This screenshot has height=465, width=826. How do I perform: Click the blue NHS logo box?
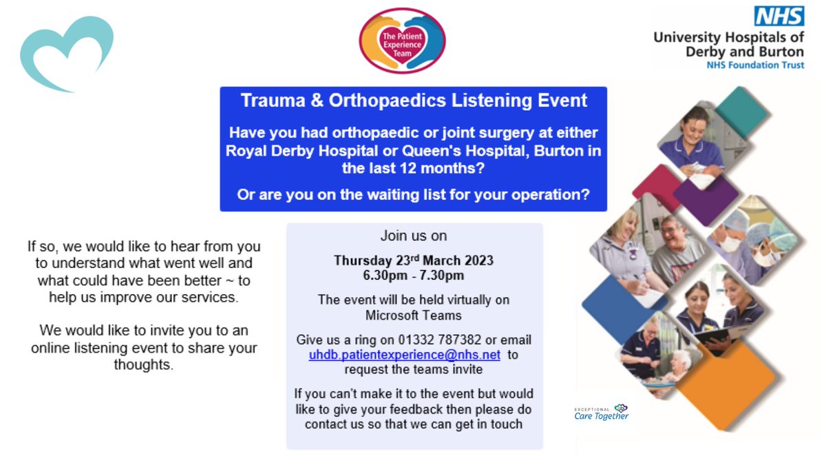[780, 17]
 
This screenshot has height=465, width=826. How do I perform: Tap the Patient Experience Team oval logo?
[403, 41]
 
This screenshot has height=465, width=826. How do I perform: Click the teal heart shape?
[66, 54]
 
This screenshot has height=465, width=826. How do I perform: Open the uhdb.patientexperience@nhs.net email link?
[404, 355]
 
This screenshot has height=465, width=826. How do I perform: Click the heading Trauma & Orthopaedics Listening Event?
[414, 101]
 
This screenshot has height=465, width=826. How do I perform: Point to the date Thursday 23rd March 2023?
[414, 261]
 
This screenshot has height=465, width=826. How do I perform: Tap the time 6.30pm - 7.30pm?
[414, 276]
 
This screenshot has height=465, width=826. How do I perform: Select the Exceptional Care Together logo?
[602, 412]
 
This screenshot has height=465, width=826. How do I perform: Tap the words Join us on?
[414, 236]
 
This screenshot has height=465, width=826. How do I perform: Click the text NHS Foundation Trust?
[754, 65]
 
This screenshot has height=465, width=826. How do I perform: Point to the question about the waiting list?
[414, 195]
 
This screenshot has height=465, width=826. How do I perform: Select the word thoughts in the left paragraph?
[143, 365]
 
